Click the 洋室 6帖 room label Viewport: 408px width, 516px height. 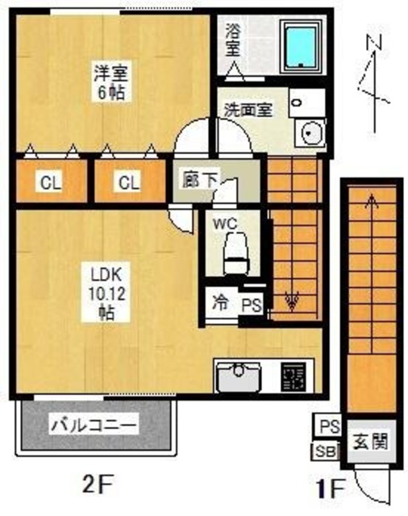pos(106,81)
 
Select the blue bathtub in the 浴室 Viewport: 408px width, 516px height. pos(302,44)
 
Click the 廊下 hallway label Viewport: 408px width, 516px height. pos(198,179)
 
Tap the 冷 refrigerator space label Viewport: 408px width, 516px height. pos(219,305)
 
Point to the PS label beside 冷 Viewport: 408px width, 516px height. pos(251,305)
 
